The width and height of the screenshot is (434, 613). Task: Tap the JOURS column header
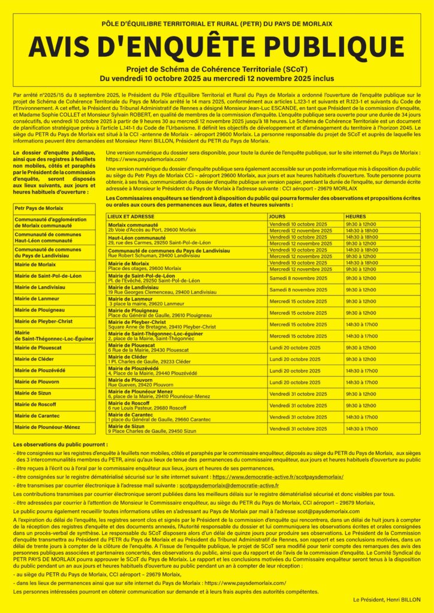coord(277,216)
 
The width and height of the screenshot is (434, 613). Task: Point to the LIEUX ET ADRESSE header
coord(130,216)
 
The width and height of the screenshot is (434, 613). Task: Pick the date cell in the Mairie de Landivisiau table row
coord(298,289)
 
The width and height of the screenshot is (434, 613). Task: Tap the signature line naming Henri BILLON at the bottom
coord(387,599)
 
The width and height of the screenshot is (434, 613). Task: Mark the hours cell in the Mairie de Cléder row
coord(361,359)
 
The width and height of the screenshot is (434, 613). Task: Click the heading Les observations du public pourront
coord(61,445)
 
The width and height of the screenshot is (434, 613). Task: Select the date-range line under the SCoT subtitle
coord(216,78)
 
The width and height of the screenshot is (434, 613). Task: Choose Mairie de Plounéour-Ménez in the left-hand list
coord(47,427)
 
